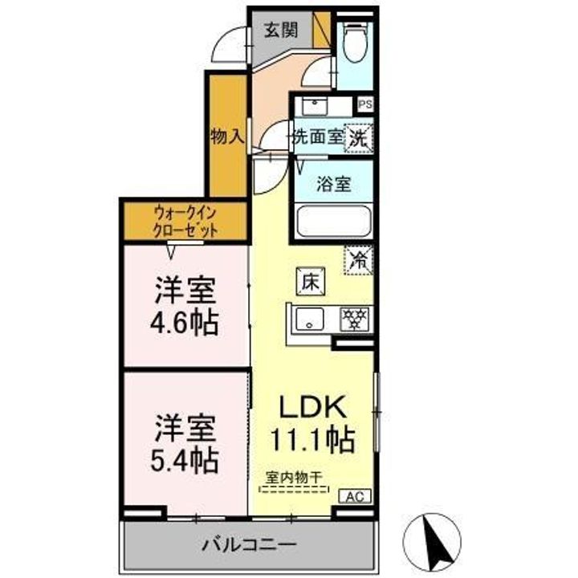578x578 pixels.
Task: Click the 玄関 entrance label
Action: coord(281,31)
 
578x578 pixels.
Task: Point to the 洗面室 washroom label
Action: coord(317,137)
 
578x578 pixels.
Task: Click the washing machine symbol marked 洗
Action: coord(358,137)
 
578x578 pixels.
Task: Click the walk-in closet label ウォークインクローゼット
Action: coord(185,221)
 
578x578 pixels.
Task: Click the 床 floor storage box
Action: coord(309,281)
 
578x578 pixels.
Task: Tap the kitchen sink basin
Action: coord(310,319)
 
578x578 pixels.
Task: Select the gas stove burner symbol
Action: coord(354,318)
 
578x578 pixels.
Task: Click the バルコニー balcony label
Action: coord(249,545)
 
